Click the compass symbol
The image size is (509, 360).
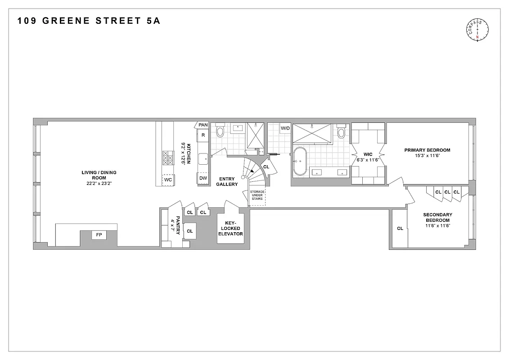click(x=478, y=31)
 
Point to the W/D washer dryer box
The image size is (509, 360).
click(x=285, y=128)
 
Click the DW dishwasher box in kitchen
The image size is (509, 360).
click(x=203, y=178)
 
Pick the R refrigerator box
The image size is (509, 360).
click(x=203, y=135)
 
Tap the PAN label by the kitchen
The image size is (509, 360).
click(x=203, y=125)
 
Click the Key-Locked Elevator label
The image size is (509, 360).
click(x=230, y=228)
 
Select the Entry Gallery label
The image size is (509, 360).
click(x=227, y=181)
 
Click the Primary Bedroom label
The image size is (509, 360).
click(x=427, y=150)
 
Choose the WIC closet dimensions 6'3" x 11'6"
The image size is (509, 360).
click(x=369, y=159)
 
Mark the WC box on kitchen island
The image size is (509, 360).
click(x=168, y=180)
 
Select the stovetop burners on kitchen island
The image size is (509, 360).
click(x=167, y=157)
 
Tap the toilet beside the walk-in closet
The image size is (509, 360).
click(x=341, y=133)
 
